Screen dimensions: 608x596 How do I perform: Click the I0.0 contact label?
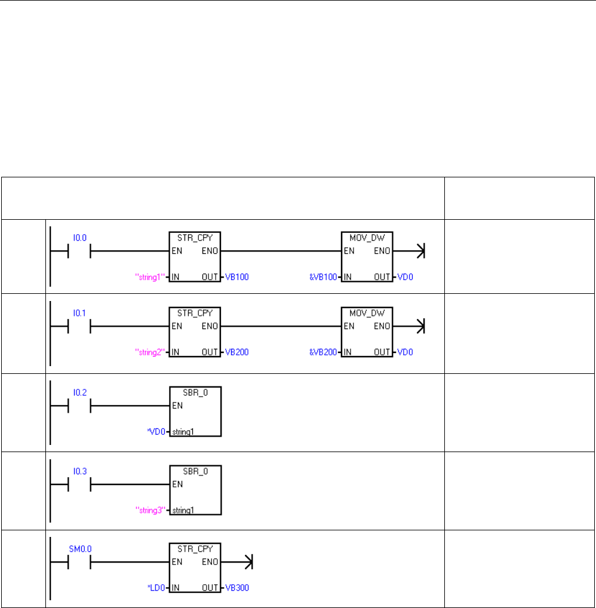(79, 237)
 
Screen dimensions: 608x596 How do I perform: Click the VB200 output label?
(236, 352)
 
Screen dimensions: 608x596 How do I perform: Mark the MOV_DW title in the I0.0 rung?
(367, 237)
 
